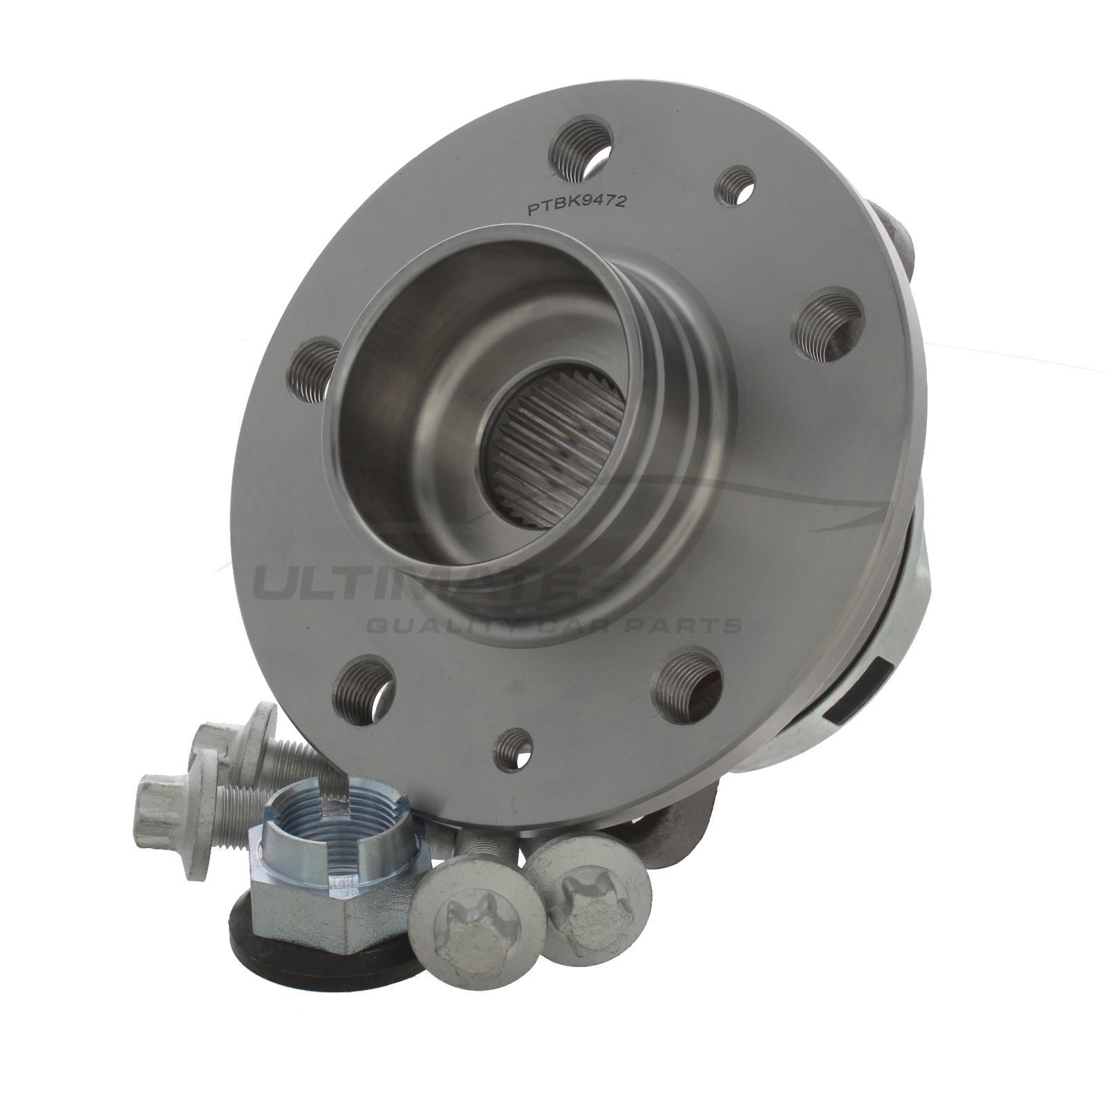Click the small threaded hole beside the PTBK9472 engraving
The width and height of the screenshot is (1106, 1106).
coord(734,186)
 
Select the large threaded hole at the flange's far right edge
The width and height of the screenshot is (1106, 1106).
coord(827,325)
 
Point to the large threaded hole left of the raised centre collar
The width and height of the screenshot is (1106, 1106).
coord(312,371)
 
